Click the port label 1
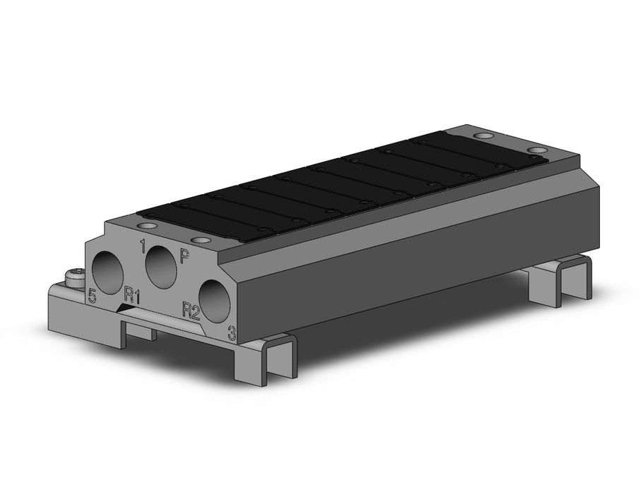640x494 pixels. pyautogui.click(x=143, y=246)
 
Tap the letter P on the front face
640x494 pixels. pyautogui.click(x=185, y=256)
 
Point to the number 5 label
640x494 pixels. pyautogui.click(x=93, y=295)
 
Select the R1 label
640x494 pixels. pyautogui.click(x=132, y=296)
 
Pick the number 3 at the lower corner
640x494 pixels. pyautogui.click(x=232, y=332)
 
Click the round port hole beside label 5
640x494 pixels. pyautogui.click(x=107, y=271)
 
